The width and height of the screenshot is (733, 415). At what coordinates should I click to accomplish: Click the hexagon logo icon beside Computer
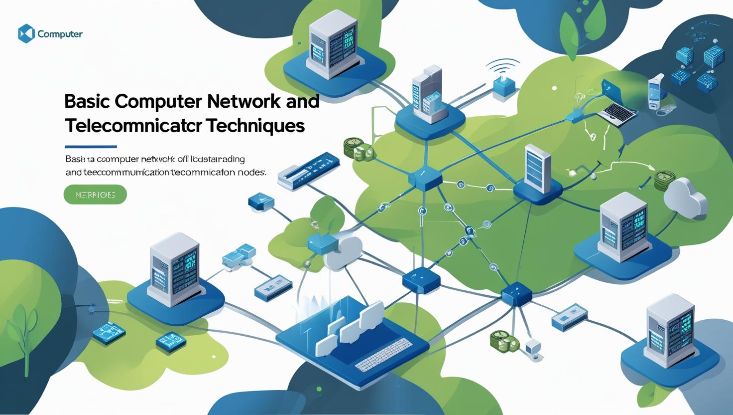pos(26,34)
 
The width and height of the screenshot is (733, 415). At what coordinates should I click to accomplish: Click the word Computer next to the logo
pos(60,34)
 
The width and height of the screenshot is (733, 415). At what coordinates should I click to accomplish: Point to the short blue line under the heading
pos(91,147)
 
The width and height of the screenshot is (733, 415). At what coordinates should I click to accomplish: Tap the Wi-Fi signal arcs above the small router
pos(502,66)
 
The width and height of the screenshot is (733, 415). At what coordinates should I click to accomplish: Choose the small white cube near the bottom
pos(532,346)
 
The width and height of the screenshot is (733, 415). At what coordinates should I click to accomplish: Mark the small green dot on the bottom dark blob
pos(319,389)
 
